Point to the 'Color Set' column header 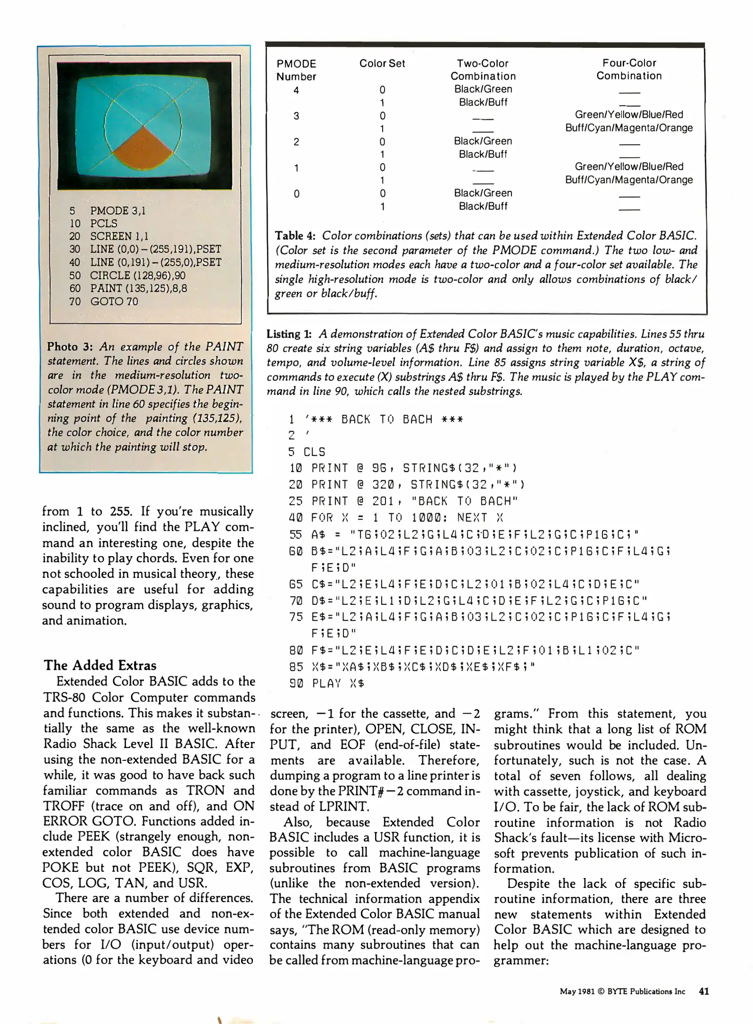click(x=382, y=64)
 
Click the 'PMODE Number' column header click(x=296, y=70)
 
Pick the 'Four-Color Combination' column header click(x=629, y=69)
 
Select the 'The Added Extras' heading click(x=100, y=665)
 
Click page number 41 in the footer click(x=704, y=991)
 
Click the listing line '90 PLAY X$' click(x=326, y=683)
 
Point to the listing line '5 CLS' click(x=307, y=452)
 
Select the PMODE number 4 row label click(x=296, y=90)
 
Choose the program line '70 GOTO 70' click(x=104, y=301)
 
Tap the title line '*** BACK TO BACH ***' click(x=384, y=419)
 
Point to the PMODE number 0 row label click(x=296, y=193)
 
